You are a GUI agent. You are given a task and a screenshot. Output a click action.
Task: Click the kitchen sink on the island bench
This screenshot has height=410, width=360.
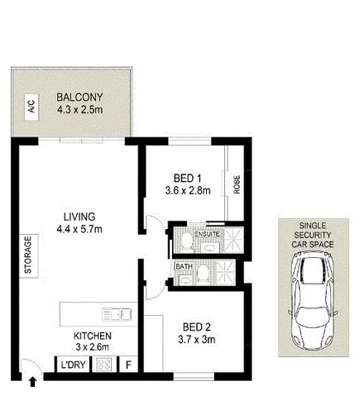click(118, 313)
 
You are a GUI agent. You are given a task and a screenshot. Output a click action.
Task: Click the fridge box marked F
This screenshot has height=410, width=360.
click(129, 365)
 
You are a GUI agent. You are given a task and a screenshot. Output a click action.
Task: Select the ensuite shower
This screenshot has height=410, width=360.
click(234, 240)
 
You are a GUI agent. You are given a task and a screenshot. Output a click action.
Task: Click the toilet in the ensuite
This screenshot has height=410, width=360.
click(183, 241)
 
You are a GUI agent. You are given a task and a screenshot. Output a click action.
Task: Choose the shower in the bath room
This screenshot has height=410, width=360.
click(222, 273)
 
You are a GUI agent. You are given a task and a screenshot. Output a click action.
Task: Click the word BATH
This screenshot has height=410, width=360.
click(185, 268)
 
